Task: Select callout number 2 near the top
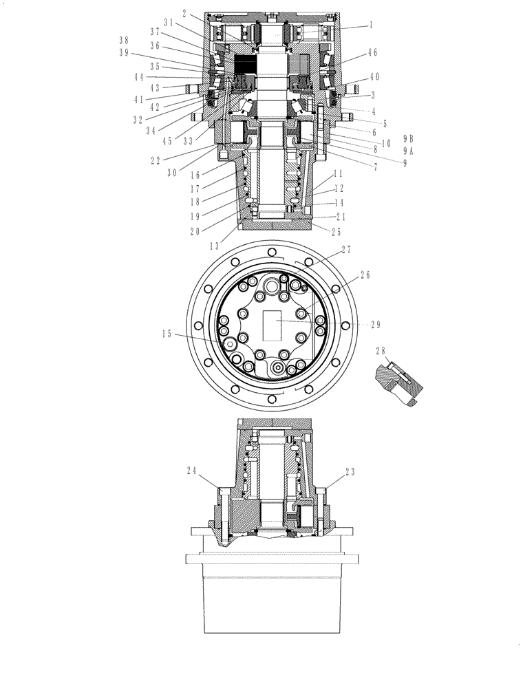[184, 13]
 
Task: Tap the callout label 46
[372, 52]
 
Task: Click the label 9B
[408, 138]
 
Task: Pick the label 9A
[408, 151]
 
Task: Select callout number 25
[336, 232]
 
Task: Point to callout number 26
[365, 276]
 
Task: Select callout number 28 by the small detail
[381, 351]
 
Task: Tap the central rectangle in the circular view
[274, 323]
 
